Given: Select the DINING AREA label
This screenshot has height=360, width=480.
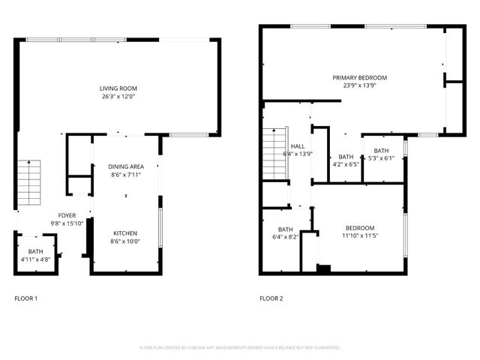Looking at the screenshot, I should [x=125, y=166].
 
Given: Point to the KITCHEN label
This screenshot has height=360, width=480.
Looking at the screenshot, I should [x=125, y=233].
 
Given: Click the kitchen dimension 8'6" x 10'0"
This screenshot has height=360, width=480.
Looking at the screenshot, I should [x=125, y=241].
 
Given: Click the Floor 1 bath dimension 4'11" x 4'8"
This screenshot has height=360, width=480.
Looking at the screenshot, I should [x=36, y=259].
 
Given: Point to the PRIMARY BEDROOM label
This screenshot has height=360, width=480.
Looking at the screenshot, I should [x=360, y=77].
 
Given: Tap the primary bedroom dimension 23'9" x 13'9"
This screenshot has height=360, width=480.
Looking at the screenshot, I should [x=360, y=85].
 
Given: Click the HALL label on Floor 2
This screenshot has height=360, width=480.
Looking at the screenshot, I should [x=298, y=146].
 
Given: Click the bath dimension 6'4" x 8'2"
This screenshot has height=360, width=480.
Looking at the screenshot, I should [x=286, y=237].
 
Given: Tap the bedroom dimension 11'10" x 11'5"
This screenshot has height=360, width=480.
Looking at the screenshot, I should [x=360, y=235].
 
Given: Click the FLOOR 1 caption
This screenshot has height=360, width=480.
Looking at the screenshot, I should [x=25, y=298].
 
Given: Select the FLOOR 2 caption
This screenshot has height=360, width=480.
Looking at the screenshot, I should [x=271, y=298].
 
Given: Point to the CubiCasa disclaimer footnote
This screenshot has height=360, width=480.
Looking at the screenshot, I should [x=240, y=348].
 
